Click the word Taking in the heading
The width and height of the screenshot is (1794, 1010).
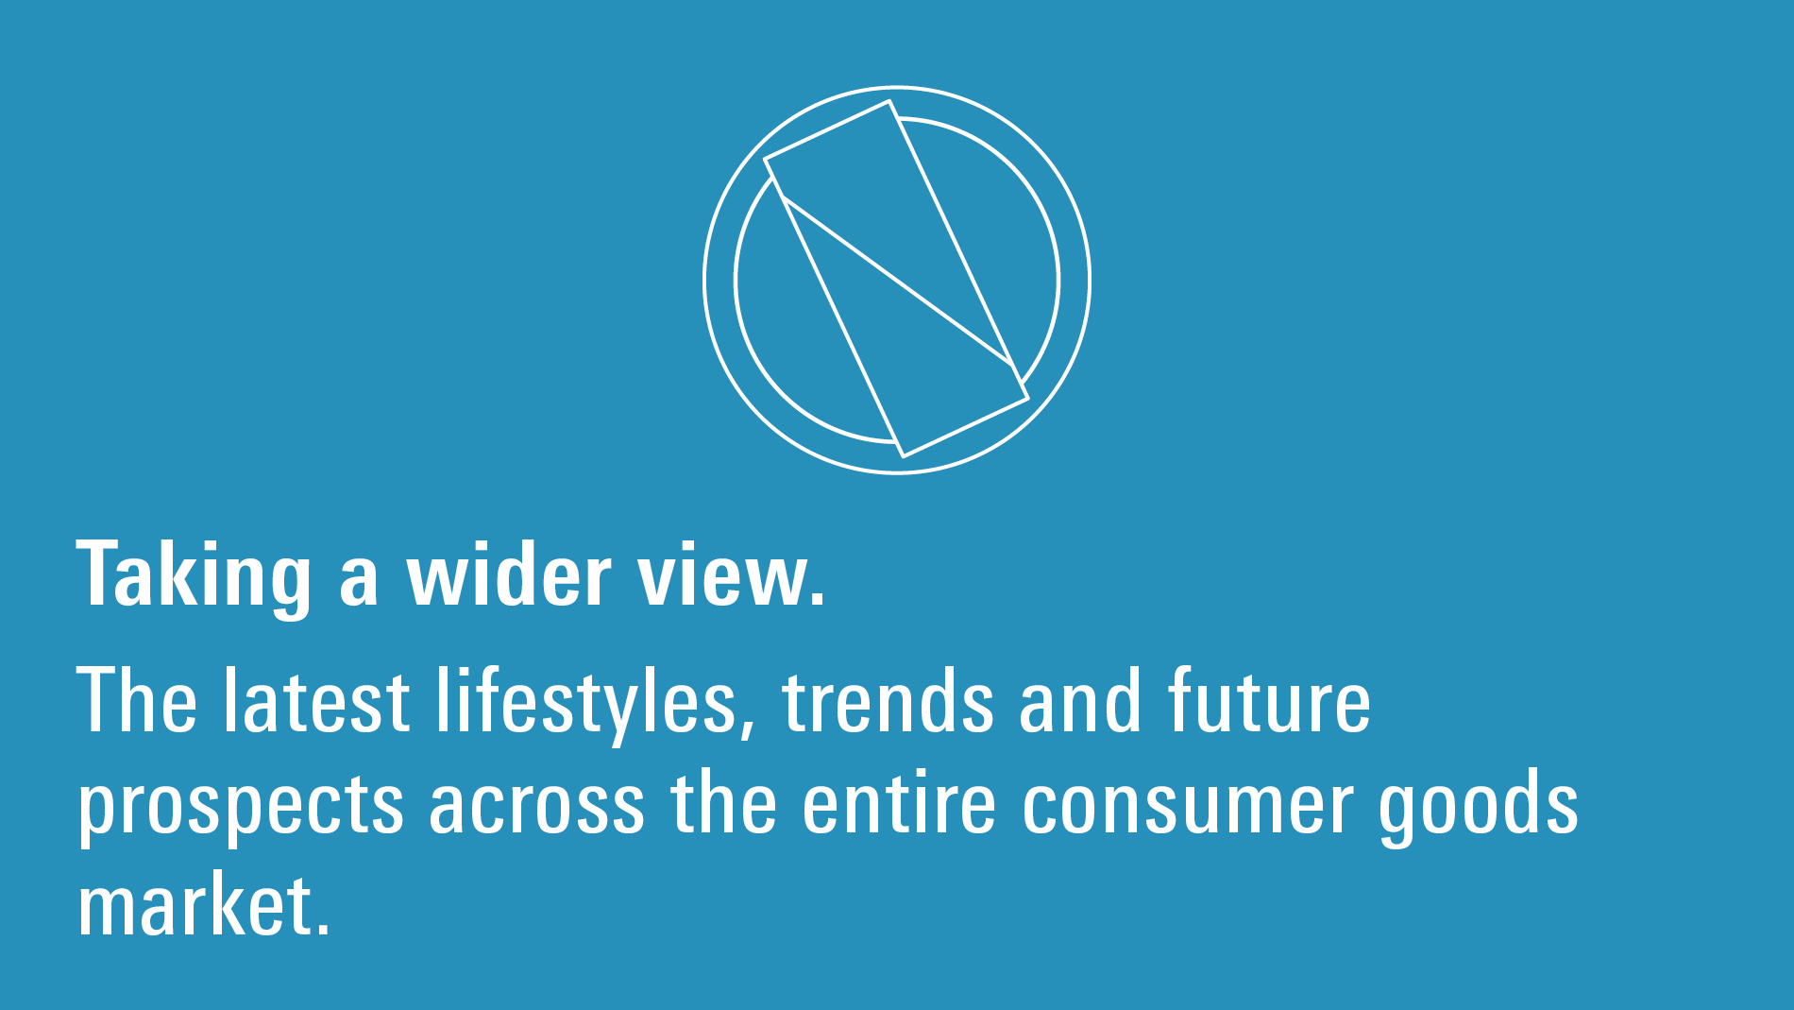(194, 577)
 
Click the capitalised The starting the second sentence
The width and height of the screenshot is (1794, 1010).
(138, 700)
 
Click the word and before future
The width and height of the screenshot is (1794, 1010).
(1080, 700)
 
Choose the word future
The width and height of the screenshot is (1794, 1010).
(1270, 700)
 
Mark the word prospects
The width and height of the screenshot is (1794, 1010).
(241, 809)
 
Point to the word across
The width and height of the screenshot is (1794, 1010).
(537, 809)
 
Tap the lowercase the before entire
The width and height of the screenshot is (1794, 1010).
(723, 802)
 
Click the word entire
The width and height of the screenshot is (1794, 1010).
(899, 802)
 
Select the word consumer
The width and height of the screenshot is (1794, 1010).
(1188, 809)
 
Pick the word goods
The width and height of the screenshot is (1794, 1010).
(1479, 808)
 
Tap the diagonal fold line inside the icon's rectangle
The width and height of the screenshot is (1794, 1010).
(898, 281)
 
